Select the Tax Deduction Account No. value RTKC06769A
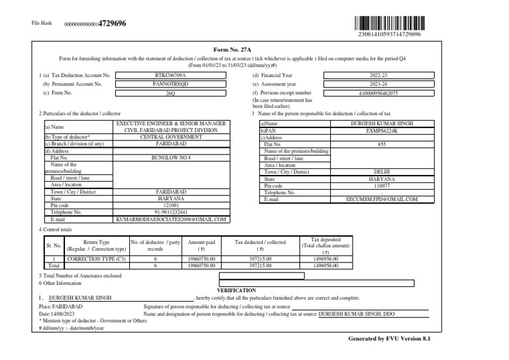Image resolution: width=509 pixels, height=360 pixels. (x=172, y=76)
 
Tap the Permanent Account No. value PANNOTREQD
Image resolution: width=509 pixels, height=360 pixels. (x=172, y=85)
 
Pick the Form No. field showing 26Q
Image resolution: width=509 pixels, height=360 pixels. (x=172, y=94)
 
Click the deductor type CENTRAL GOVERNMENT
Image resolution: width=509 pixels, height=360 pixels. (x=171, y=137)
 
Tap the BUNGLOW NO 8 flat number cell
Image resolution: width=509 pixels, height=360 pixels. (x=171, y=158)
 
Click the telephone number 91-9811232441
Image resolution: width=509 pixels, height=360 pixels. (x=171, y=212)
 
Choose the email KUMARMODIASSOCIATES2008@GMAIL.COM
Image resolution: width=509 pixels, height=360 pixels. (x=171, y=219)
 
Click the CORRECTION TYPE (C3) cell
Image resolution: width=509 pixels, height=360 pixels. (x=97, y=260)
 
